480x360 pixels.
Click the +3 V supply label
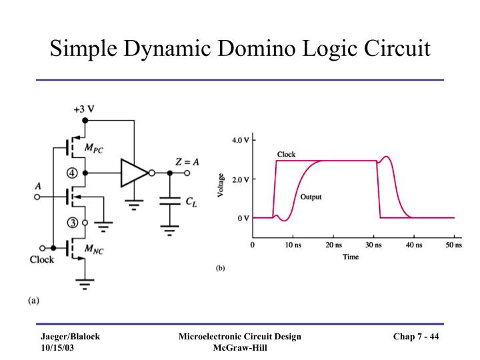tap(84, 109)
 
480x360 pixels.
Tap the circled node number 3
tap(74, 223)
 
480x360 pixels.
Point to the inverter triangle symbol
tap(133, 173)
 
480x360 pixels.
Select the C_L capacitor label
tap(192, 201)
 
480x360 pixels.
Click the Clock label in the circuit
tap(42, 259)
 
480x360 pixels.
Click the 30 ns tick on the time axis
tap(374, 245)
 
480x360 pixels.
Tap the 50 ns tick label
tap(454, 245)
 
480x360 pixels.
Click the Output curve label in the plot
tap(311, 197)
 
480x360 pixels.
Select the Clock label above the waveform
tap(287, 155)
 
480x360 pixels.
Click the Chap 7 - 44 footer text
tap(415, 337)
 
